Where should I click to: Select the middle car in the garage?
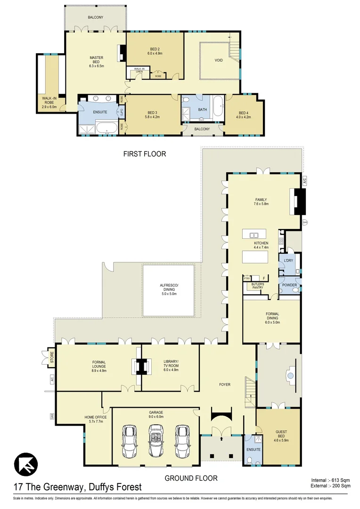(x=155, y=441)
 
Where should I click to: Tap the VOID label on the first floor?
(x=219, y=60)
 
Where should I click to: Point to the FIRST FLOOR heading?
(x=145, y=154)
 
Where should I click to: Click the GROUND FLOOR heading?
(x=191, y=478)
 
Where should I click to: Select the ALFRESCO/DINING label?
(x=169, y=288)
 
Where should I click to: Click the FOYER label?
(x=225, y=385)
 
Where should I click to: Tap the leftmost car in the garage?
(x=128, y=441)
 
